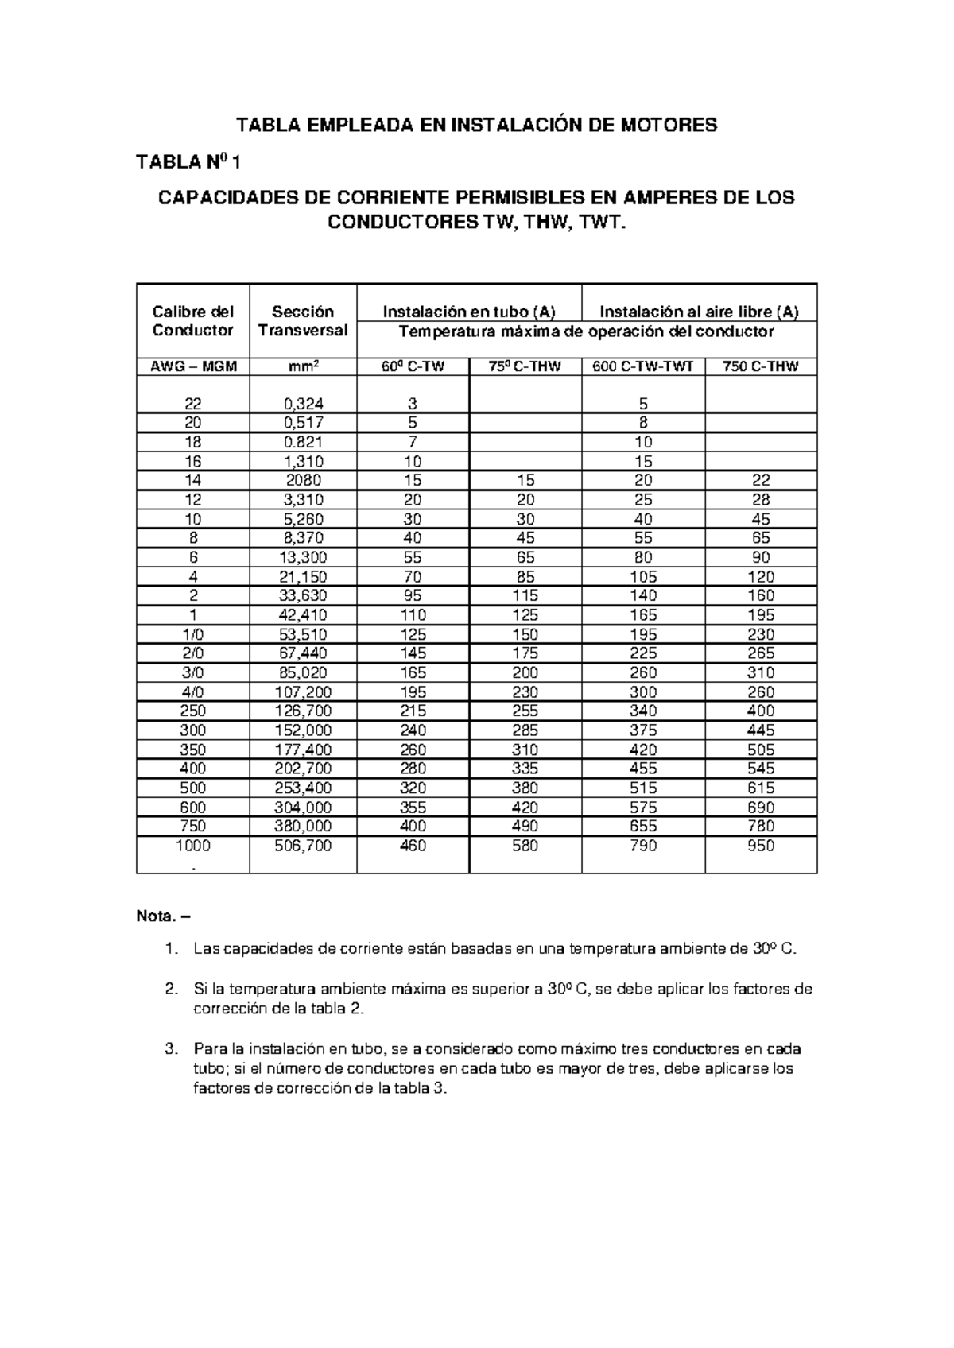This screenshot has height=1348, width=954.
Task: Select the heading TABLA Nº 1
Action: coord(188,162)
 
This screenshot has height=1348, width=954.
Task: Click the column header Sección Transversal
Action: coord(303,321)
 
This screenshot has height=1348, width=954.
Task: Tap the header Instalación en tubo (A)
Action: coord(469,312)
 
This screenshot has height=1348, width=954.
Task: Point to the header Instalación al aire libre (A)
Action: coord(699,312)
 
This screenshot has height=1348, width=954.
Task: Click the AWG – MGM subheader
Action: coord(192,366)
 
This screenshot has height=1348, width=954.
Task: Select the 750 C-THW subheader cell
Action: coord(761,366)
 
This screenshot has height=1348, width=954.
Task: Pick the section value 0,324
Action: coord(303,404)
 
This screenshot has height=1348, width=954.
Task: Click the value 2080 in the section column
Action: coord(303,480)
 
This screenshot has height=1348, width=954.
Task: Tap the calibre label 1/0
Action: coord(192,634)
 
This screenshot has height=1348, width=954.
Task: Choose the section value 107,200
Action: coord(303,691)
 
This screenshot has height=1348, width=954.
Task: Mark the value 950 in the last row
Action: coord(761,846)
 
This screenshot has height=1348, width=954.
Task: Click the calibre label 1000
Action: coord(192,846)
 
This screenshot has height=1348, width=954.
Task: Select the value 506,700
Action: coord(303,846)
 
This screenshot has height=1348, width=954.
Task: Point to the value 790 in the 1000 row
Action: coord(643,846)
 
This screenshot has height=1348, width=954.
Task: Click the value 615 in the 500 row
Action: coord(761,788)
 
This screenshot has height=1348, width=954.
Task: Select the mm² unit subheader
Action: coord(303,366)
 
